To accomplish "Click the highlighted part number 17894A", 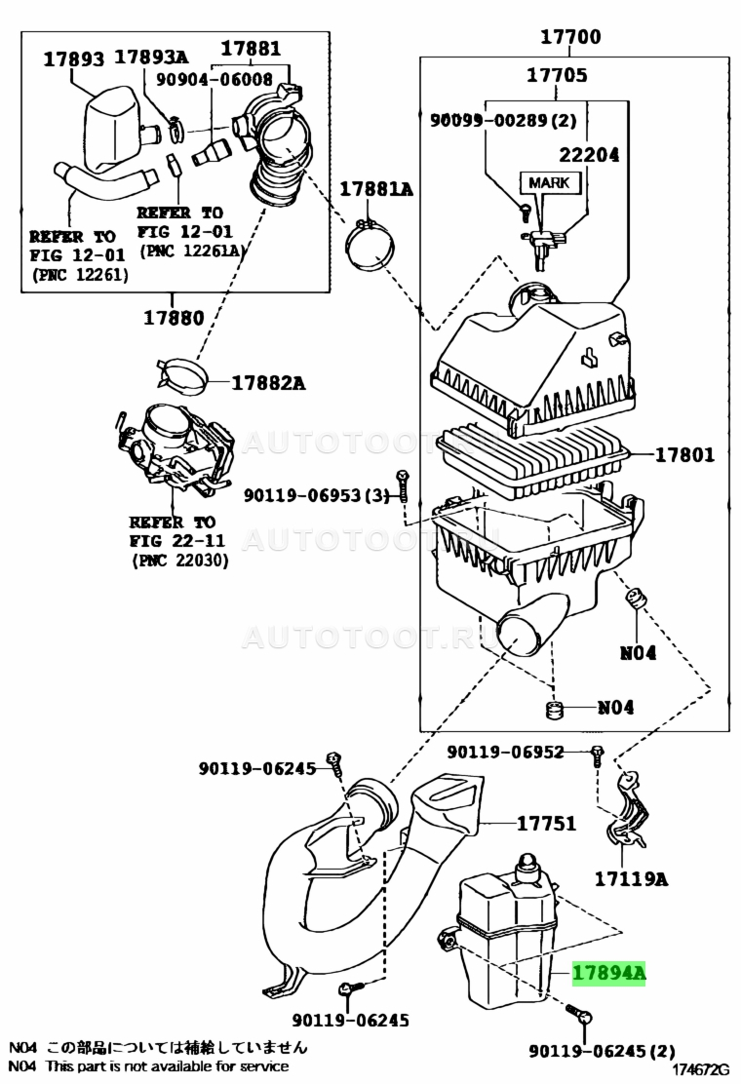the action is (609, 973).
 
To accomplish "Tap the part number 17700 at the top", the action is (570, 36).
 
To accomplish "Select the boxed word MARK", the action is (549, 182).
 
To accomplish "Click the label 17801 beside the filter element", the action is (684, 454).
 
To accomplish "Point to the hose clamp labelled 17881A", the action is (370, 247).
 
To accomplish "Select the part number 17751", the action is (546, 823).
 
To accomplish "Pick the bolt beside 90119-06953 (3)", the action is (403, 486).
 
